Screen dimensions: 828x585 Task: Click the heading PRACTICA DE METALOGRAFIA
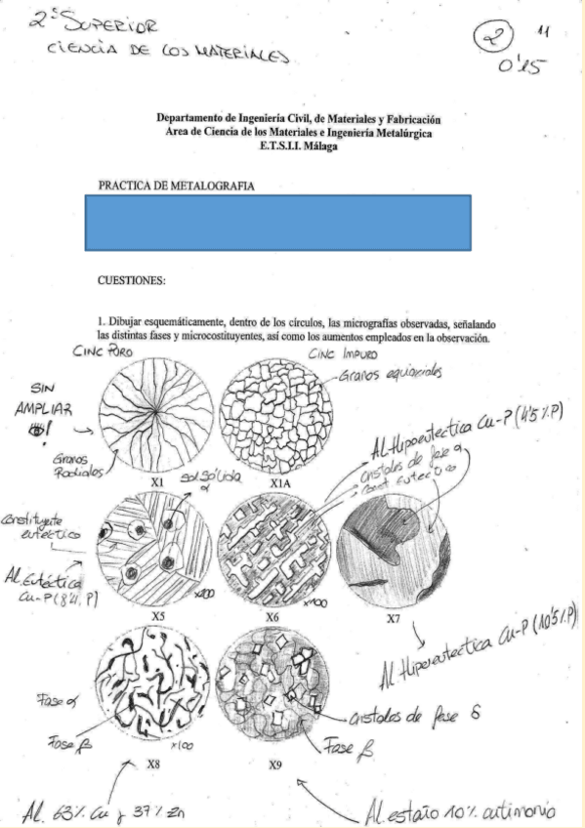tap(176, 185)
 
